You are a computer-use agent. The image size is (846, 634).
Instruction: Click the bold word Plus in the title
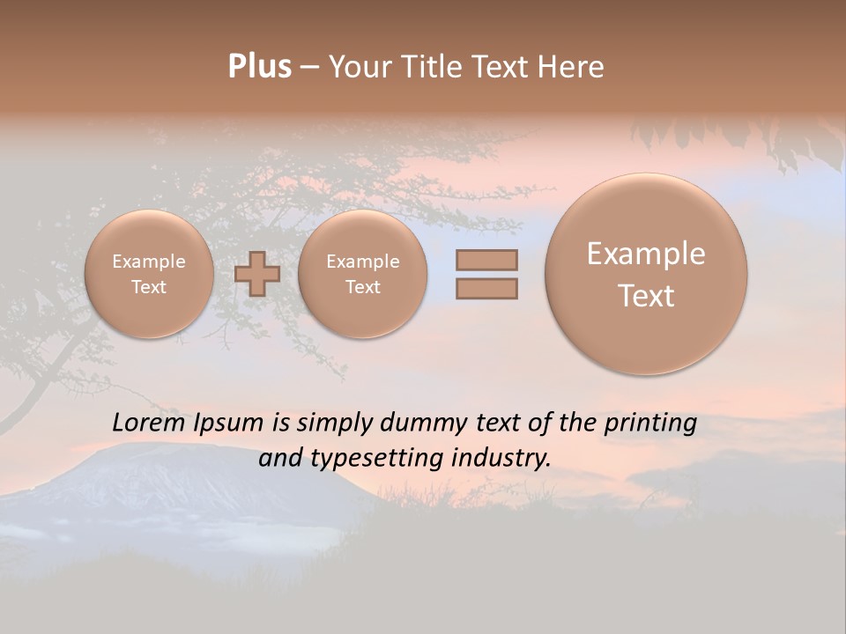(x=259, y=67)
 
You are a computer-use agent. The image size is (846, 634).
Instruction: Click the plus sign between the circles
(x=257, y=274)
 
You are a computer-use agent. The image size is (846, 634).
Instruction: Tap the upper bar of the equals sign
(x=486, y=260)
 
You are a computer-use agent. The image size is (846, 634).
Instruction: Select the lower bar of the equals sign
(x=486, y=288)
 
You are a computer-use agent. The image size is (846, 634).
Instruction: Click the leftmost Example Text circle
(x=149, y=274)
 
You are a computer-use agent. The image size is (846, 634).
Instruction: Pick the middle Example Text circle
(x=362, y=274)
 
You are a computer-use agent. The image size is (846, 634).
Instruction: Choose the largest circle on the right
(x=646, y=274)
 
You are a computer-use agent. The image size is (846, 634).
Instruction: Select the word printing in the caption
(x=649, y=424)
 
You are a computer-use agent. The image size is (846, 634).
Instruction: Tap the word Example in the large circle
(x=646, y=254)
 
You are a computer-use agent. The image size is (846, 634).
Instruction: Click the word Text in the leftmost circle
(x=149, y=287)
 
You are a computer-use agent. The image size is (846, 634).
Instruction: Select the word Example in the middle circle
(x=362, y=262)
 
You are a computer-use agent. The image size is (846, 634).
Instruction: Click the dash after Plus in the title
(x=309, y=67)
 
